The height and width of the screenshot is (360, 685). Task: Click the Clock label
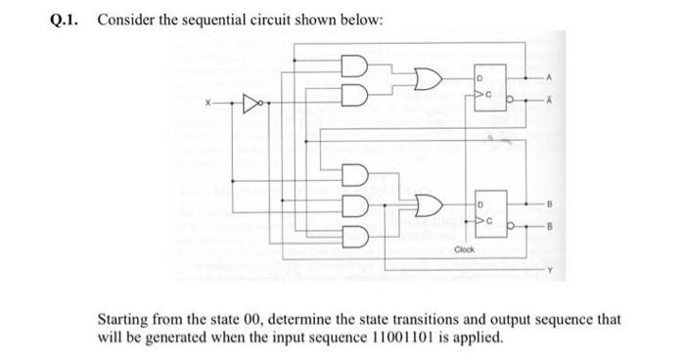point(465,248)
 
